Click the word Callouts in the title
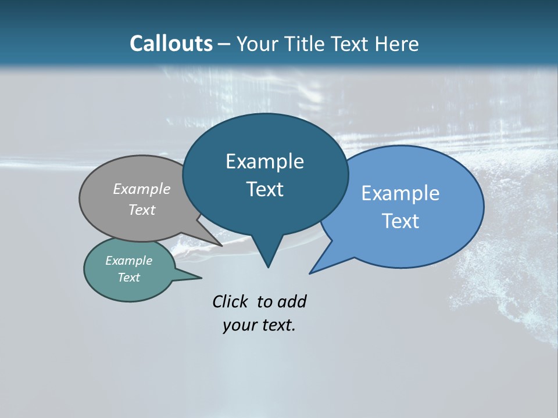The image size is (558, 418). pos(171,44)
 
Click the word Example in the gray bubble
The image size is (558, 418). pos(142,189)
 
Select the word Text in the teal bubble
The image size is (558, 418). pos(129,278)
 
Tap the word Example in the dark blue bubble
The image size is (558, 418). pos(264,161)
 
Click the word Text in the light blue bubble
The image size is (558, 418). pos(400,221)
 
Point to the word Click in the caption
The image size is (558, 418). pos(230,301)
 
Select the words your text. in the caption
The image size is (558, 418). pos(259,326)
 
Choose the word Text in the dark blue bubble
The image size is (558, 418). pos(265,189)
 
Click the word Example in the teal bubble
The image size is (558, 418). pos(129,261)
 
